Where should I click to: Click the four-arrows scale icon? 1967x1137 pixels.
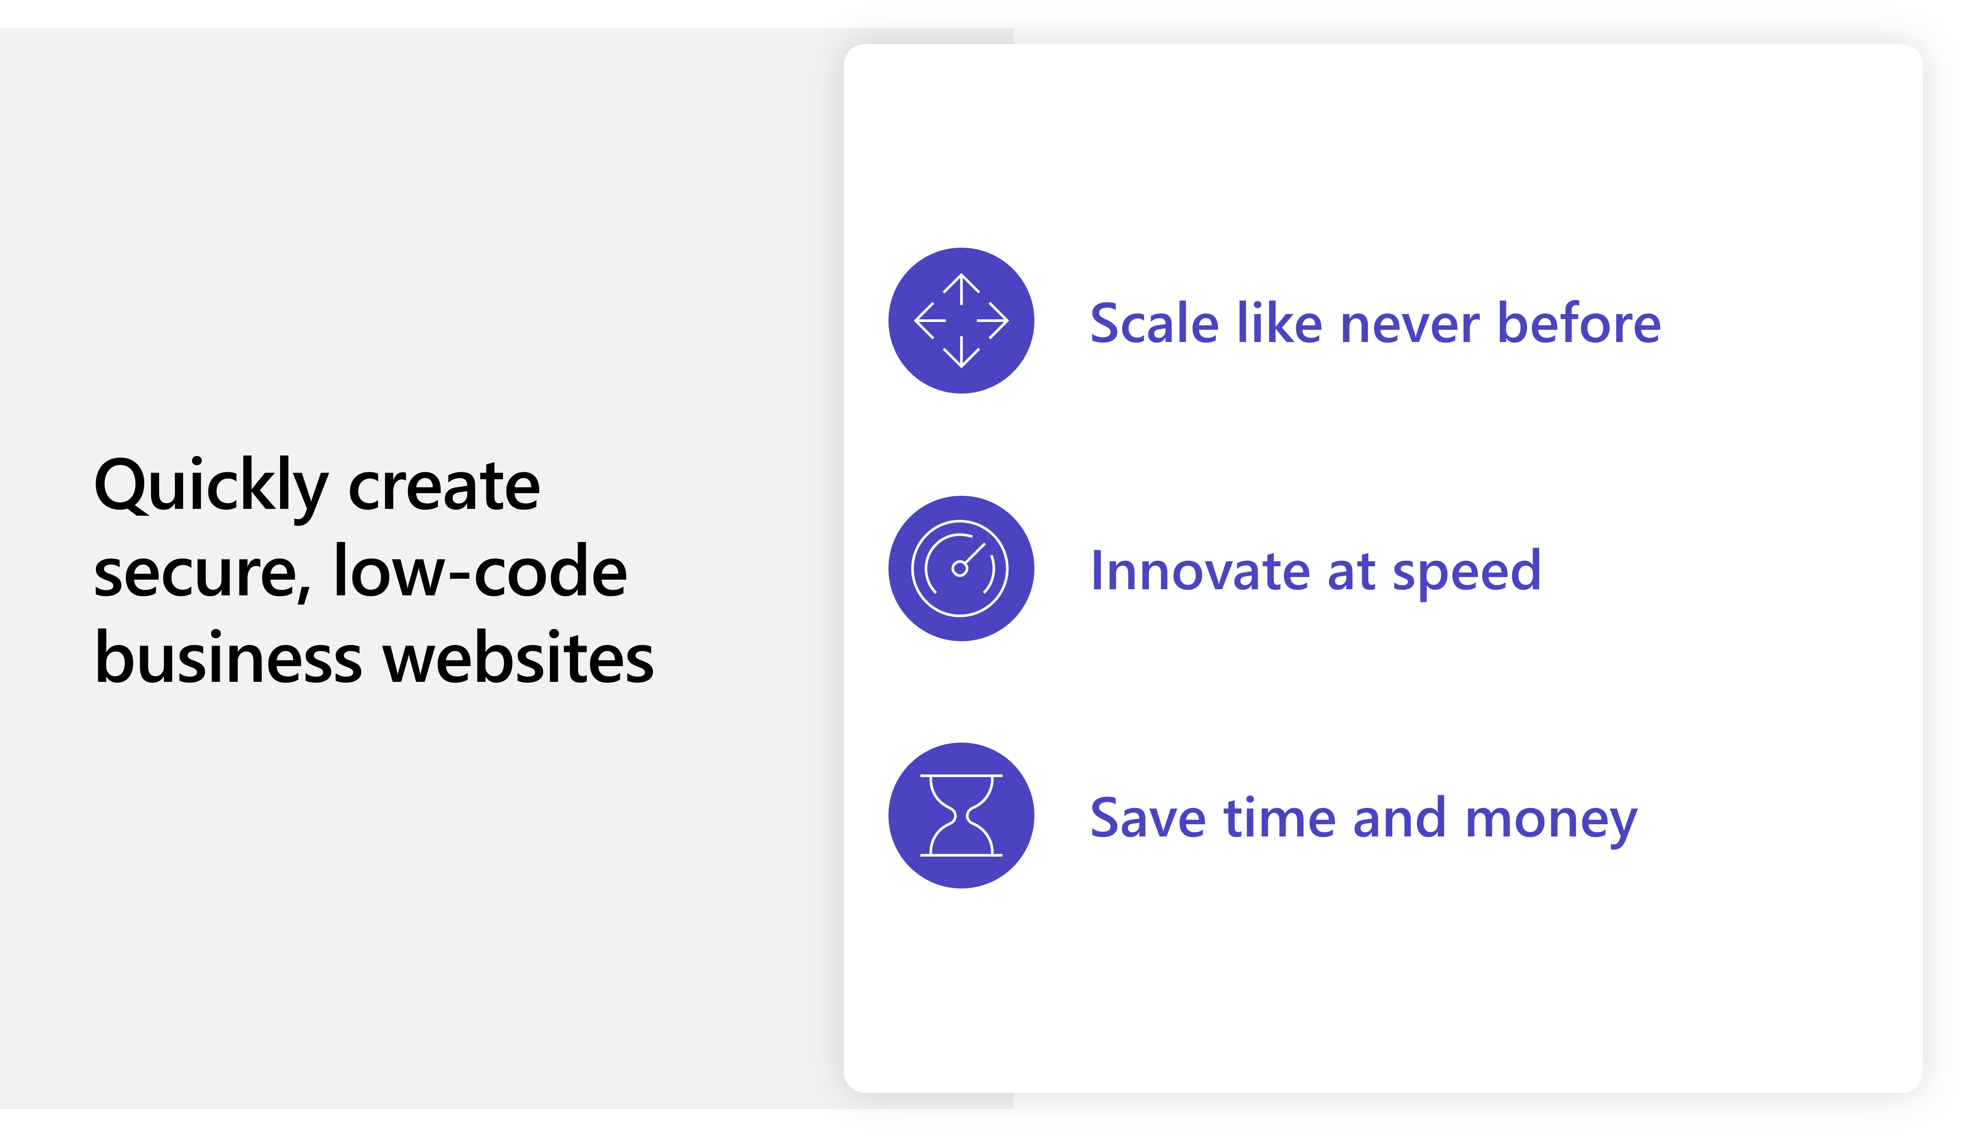961,321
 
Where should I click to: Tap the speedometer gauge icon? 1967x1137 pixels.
961,568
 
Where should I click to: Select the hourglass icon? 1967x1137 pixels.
961,816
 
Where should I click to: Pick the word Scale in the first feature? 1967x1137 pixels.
1154,323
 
